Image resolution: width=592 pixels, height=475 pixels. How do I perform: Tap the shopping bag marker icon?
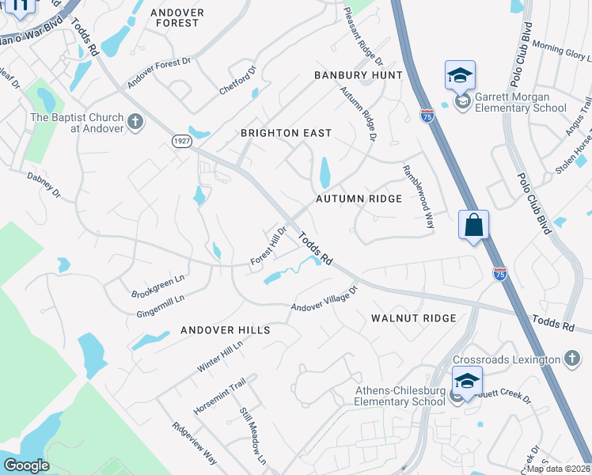[x=473, y=225]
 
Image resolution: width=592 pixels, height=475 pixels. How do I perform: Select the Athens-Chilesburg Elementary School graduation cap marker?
[x=467, y=382]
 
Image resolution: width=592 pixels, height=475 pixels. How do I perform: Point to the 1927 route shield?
[x=181, y=139]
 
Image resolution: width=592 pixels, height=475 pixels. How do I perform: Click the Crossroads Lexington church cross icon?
[x=572, y=359]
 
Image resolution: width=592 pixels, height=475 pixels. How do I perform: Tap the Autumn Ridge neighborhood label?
[x=359, y=199]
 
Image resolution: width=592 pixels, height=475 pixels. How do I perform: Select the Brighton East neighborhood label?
[x=286, y=133]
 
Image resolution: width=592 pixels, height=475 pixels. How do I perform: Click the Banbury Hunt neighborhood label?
[x=358, y=74]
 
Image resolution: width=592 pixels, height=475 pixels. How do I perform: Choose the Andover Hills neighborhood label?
[x=226, y=329]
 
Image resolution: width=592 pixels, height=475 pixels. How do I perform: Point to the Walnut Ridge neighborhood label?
[x=413, y=317]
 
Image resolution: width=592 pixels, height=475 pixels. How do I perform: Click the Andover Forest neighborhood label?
[x=177, y=17]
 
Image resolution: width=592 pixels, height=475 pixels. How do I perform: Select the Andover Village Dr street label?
[x=324, y=298]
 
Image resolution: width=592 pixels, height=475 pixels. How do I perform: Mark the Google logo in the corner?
[x=26, y=465]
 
